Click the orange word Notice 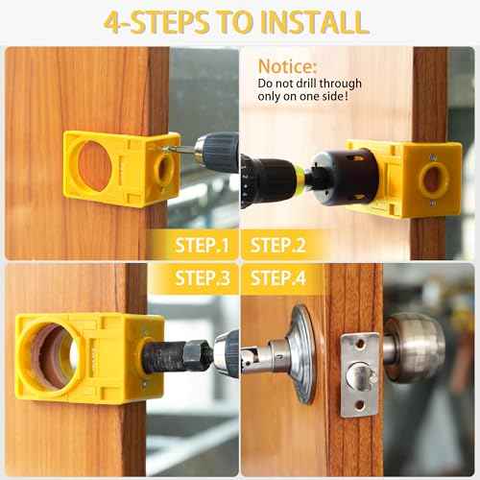tap(287, 67)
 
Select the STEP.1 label tap(203, 245)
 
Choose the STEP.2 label tap(277, 245)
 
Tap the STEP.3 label tap(203, 278)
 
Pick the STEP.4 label tap(277, 278)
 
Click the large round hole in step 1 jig tap(94, 166)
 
